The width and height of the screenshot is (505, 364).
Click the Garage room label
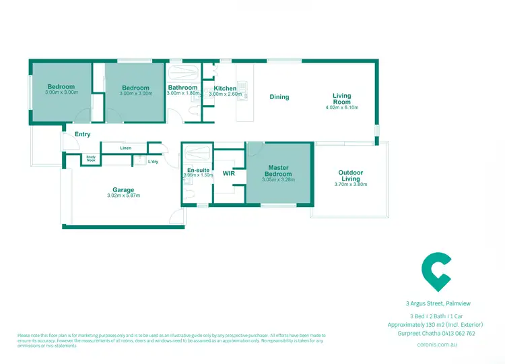[123, 190]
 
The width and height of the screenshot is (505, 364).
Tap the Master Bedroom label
[279, 171]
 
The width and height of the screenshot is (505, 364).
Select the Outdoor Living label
[350, 175]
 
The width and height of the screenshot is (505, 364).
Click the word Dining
[279, 97]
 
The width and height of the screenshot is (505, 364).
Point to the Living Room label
[342, 98]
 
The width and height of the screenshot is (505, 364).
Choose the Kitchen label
[225, 88]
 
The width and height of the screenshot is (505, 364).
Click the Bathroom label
[182, 88]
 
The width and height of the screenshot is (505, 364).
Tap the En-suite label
[198, 170]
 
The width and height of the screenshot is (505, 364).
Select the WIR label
[228, 173]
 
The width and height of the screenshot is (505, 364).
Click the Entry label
[82, 134]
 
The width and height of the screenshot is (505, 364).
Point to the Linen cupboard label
[125, 148]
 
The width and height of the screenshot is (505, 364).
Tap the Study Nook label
[91, 159]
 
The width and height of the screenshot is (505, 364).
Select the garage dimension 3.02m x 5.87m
[123, 196]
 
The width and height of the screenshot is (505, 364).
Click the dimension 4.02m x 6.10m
[342, 107]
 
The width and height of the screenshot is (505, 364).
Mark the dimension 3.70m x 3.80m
[350, 184]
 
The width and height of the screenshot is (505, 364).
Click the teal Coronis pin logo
[436, 269]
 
